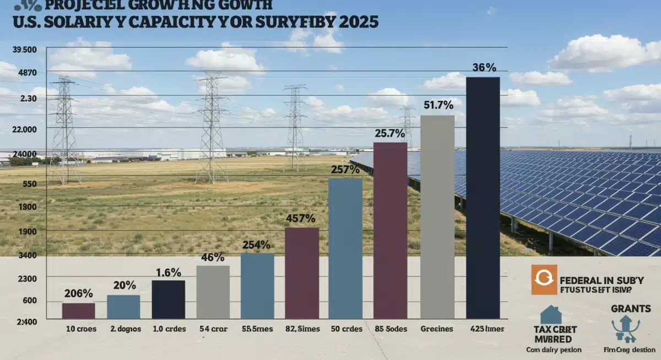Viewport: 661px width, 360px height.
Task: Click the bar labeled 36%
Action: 483,198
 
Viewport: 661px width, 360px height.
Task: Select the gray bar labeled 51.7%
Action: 437,217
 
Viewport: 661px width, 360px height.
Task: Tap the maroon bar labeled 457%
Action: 302,273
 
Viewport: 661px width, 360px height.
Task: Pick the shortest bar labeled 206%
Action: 78,310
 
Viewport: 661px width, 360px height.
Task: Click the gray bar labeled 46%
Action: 213,292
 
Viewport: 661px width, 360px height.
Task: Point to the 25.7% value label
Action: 389,133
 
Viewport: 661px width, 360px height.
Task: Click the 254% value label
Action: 256,244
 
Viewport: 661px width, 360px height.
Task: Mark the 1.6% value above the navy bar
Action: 168,272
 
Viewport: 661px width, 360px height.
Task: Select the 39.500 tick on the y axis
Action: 24,50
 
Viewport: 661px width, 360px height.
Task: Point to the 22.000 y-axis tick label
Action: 24,129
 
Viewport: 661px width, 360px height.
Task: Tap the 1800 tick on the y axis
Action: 27,207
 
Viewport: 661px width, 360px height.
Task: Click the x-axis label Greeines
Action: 437,329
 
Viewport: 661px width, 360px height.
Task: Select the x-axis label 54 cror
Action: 213,329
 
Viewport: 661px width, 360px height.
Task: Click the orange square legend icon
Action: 544,279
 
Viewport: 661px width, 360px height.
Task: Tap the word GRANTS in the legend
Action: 631,308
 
